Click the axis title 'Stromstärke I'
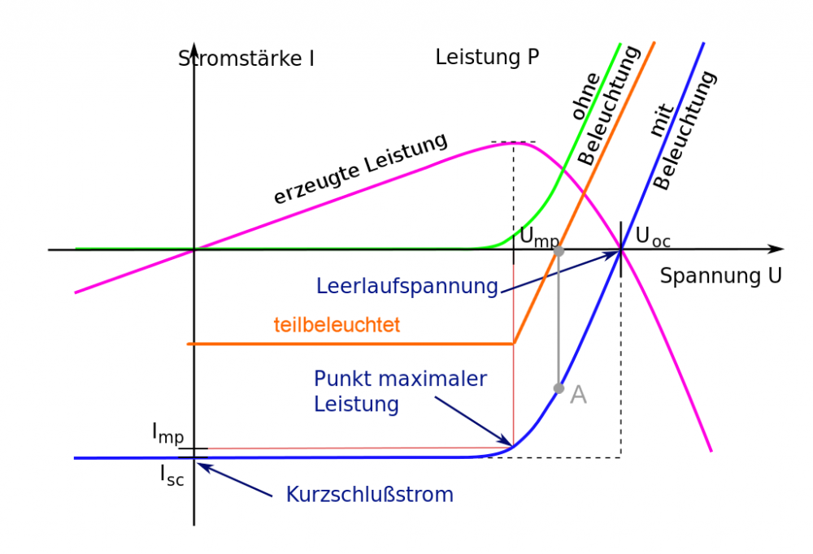coord(246,58)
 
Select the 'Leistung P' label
coord(487,58)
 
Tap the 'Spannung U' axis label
coord(720,275)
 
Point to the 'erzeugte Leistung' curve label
coord(360,168)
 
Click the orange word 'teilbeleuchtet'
coord(337,325)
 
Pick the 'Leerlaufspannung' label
coord(406,286)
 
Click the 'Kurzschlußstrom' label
coord(369,494)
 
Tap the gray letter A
coord(578,395)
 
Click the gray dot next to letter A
coord(559,388)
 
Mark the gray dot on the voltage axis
coord(559,251)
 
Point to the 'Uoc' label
coord(653,237)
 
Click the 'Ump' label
coord(539,238)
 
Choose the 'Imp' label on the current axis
coord(167,433)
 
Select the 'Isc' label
coord(171,475)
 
